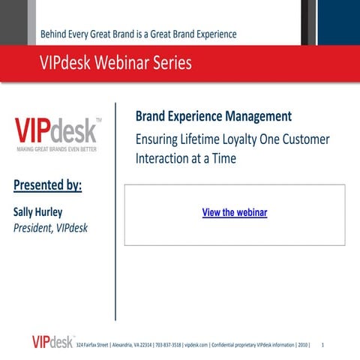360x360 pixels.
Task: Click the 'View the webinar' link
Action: tap(235, 212)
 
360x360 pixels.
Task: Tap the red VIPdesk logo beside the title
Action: tap(56, 130)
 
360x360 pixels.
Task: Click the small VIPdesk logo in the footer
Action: tap(52, 342)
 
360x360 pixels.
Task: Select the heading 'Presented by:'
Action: tap(48, 185)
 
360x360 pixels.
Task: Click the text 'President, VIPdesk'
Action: tap(51, 228)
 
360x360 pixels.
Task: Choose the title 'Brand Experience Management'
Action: tap(214, 116)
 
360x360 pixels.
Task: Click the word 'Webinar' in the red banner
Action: tap(125, 64)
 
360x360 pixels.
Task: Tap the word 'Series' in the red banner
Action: tap(173, 64)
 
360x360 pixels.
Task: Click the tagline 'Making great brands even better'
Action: tap(57, 149)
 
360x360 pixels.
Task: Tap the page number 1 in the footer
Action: tap(322, 345)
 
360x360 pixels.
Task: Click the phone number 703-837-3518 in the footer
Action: tap(166, 345)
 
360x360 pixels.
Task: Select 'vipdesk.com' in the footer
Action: tap(195, 345)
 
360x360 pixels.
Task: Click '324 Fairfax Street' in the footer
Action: tap(92, 345)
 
